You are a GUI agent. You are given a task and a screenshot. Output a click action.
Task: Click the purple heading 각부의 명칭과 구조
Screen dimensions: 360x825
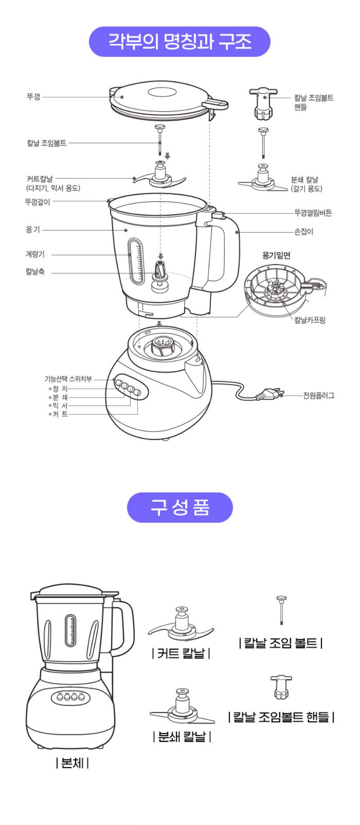[x=180, y=42]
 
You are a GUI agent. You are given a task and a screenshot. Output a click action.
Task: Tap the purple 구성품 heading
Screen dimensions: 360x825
[x=180, y=507]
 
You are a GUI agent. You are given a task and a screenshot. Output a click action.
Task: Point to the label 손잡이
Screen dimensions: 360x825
[x=303, y=231]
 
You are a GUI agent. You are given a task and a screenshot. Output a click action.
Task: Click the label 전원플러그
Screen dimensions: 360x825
[x=319, y=395]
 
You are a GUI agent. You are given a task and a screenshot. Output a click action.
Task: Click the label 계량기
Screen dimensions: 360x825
[x=35, y=254]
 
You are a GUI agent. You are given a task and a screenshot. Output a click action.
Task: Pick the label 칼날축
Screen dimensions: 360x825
[x=35, y=272]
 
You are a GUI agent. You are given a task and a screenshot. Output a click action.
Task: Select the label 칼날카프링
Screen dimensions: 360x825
[x=310, y=320]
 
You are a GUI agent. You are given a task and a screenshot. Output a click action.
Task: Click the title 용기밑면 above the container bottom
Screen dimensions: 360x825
[x=276, y=255]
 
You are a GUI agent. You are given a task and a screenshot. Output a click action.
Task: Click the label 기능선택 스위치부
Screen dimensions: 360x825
[x=68, y=379]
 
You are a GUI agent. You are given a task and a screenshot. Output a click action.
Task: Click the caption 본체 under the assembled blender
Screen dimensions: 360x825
[x=72, y=763]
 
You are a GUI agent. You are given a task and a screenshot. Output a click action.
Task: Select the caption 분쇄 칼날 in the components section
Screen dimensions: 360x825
[x=182, y=736]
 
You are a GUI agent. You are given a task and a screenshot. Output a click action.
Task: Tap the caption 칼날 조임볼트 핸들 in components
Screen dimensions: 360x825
[x=281, y=717]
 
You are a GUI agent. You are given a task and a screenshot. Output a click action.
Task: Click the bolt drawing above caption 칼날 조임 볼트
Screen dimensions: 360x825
[x=281, y=610]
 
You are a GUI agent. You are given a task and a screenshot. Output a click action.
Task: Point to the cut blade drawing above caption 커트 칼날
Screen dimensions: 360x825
[x=181, y=624]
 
